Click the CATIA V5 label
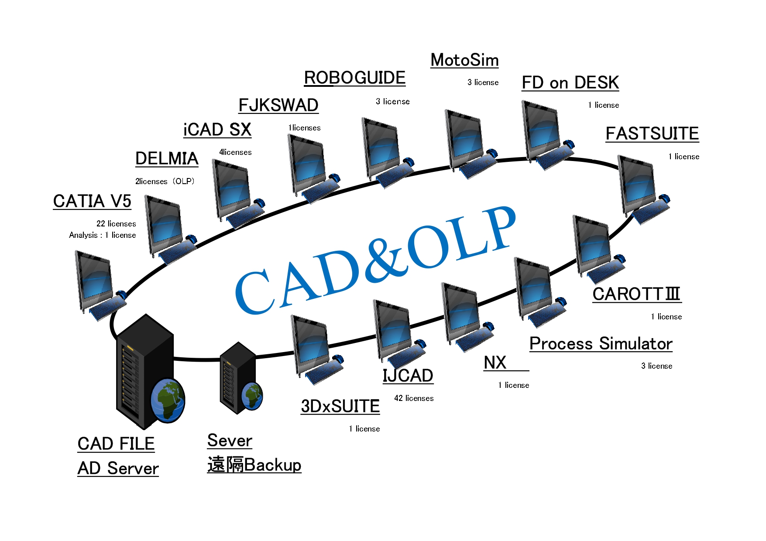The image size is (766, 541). pyautogui.click(x=92, y=201)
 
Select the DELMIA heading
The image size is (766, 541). pyautogui.click(x=167, y=158)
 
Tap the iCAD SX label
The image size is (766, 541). pyautogui.click(x=217, y=130)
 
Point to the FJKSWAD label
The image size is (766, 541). pyautogui.click(x=278, y=105)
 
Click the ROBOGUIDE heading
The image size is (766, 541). pyautogui.click(x=354, y=78)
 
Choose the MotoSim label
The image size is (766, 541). pyautogui.click(x=464, y=60)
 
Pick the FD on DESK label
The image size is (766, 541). pyautogui.click(x=570, y=82)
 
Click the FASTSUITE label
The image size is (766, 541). pyautogui.click(x=652, y=134)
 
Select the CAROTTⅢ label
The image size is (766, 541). pyautogui.click(x=637, y=294)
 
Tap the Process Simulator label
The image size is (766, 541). pyautogui.click(x=601, y=344)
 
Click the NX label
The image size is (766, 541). pyautogui.click(x=495, y=363)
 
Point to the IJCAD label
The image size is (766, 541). pyautogui.click(x=408, y=376)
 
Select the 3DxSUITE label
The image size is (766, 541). pyautogui.click(x=340, y=406)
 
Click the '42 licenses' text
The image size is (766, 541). pyautogui.click(x=414, y=398)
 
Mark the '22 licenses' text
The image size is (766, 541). pyautogui.click(x=116, y=224)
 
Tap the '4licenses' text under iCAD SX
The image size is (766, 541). pyautogui.click(x=235, y=152)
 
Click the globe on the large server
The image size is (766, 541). pyautogui.click(x=168, y=400)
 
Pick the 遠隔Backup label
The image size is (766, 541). pyautogui.click(x=254, y=465)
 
